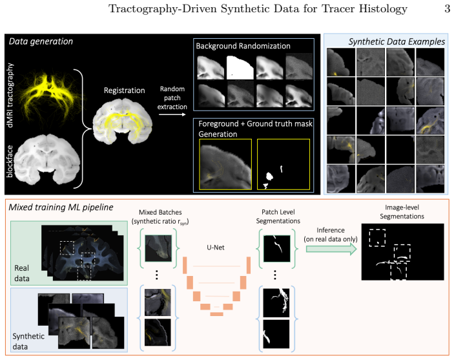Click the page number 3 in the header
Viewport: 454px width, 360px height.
(x=448, y=8)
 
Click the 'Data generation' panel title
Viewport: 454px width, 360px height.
(x=41, y=41)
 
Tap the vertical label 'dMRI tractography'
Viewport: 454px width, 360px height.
(x=10, y=96)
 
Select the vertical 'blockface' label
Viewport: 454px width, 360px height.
(x=10, y=161)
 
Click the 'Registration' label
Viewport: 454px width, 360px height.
(x=125, y=90)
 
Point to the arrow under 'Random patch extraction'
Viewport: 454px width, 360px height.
(x=172, y=114)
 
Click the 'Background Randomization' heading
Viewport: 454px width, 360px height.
(x=243, y=46)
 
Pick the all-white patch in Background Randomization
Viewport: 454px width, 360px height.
(x=240, y=68)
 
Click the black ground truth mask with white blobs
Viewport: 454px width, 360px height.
(x=284, y=164)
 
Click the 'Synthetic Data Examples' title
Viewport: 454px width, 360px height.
(x=397, y=42)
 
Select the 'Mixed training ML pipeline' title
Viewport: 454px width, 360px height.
(x=61, y=207)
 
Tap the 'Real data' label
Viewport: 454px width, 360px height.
(x=22, y=273)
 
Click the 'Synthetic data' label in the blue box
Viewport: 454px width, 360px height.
(x=28, y=341)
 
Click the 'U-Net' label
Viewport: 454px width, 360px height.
(x=216, y=248)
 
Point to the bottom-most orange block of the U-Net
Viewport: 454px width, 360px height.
(x=216, y=314)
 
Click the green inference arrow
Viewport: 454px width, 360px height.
(x=331, y=249)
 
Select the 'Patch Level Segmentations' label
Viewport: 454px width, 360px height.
(x=278, y=217)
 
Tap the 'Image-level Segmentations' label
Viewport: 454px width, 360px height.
(x=402, y=212)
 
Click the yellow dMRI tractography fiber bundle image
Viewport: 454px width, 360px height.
(x=47, y=96)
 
